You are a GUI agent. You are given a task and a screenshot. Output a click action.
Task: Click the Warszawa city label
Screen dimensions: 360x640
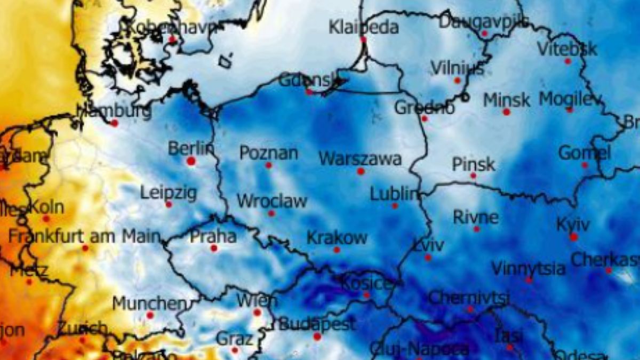coord(359,159)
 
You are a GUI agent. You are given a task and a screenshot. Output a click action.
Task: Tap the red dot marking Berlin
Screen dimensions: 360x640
coord(191,161)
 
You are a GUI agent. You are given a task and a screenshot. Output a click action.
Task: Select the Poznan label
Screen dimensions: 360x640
coord(268,153)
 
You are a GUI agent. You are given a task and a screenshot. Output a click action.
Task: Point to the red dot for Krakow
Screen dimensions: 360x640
coord(337,250)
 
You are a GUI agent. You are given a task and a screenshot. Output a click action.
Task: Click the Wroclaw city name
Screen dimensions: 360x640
coord(271,201)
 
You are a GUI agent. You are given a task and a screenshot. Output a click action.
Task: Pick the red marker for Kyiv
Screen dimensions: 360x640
coord(573,237)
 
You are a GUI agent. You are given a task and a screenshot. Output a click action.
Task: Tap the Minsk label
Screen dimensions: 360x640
coord(507,100)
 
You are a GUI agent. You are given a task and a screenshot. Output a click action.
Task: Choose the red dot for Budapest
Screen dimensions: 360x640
coord(317,337)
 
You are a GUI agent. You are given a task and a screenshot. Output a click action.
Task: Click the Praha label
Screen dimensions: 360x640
coord(213,236)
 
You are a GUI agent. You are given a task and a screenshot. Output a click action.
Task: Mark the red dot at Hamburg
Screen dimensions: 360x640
coord(114,123)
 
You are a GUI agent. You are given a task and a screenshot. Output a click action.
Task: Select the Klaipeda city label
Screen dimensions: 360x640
coord(363,27)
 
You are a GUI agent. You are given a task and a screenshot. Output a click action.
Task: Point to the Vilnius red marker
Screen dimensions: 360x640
coord(457,81)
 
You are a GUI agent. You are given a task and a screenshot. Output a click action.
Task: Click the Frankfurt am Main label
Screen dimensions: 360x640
coord(84,236)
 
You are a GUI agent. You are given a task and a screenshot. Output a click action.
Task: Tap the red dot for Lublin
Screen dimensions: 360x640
coord(395,205)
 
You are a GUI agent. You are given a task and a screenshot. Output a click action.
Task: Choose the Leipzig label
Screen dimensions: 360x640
coord(169,192)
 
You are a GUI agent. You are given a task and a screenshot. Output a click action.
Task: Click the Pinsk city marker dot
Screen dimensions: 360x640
coord(473,175)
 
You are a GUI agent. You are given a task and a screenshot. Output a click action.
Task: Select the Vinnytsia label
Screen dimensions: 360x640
coord(528,268)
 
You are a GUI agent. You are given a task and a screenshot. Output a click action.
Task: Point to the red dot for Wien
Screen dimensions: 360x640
coord(257,313)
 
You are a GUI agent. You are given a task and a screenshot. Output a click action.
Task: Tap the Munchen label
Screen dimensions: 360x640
coord(149,303)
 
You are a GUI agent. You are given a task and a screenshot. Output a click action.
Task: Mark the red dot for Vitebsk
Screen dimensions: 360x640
coord(567,61)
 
